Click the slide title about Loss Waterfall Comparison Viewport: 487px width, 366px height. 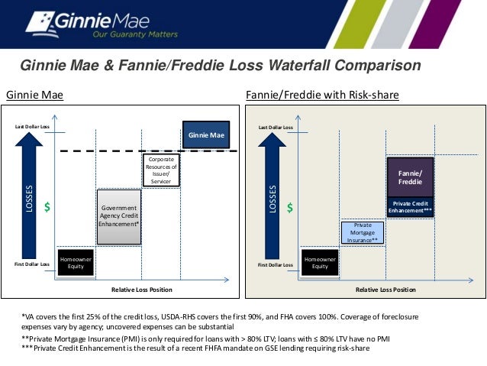[x=220, y=66]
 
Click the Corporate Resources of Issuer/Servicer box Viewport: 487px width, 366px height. [x=161, y=170]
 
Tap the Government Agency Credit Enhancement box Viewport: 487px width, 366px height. [x=119, y=216]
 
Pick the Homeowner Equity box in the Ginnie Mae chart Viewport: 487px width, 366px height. [x=76, y=262]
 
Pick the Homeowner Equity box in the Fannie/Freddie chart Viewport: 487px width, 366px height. [x=320, y=262]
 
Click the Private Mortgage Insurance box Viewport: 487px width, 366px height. [x=363, y=233]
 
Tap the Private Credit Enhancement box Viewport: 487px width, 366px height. [x=411, y=207]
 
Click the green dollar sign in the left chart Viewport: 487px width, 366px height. [x=47, y=207]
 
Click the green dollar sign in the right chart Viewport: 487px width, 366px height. [x=290, y=207]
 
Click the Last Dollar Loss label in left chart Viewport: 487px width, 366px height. [x=32, y=125]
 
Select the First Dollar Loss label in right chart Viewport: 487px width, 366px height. [x=275, y=264]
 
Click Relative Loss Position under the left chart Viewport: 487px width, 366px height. [x=142, y=290]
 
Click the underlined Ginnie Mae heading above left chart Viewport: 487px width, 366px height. [x=34, y=96]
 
